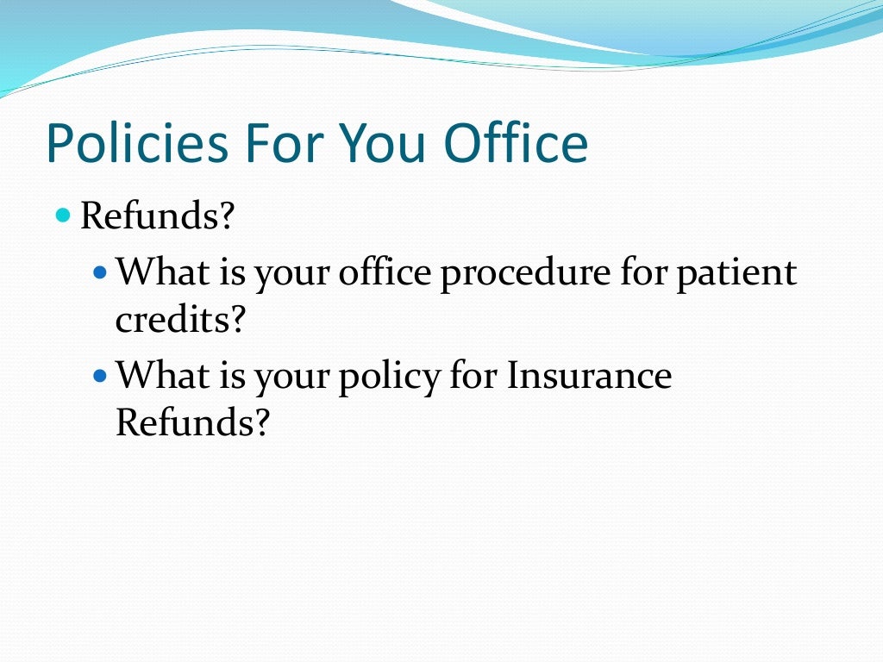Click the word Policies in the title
click(x=136, y=143)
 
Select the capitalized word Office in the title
click(x=517, y=143)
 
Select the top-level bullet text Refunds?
click(x=157, y=215)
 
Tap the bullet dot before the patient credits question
click(x=99, y=271)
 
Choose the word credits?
click(x=181, y=321)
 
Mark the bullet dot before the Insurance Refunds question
click(x=99, y=376)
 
